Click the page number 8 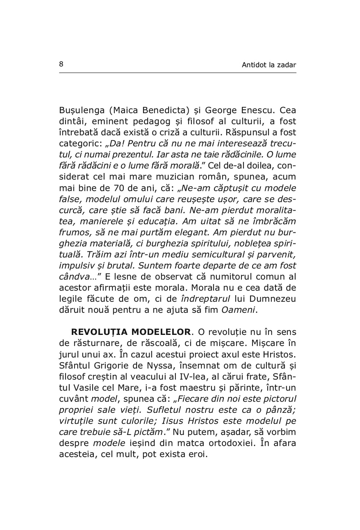click(61, 64)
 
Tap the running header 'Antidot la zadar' click(269, 65)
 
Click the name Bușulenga click(80, 111)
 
